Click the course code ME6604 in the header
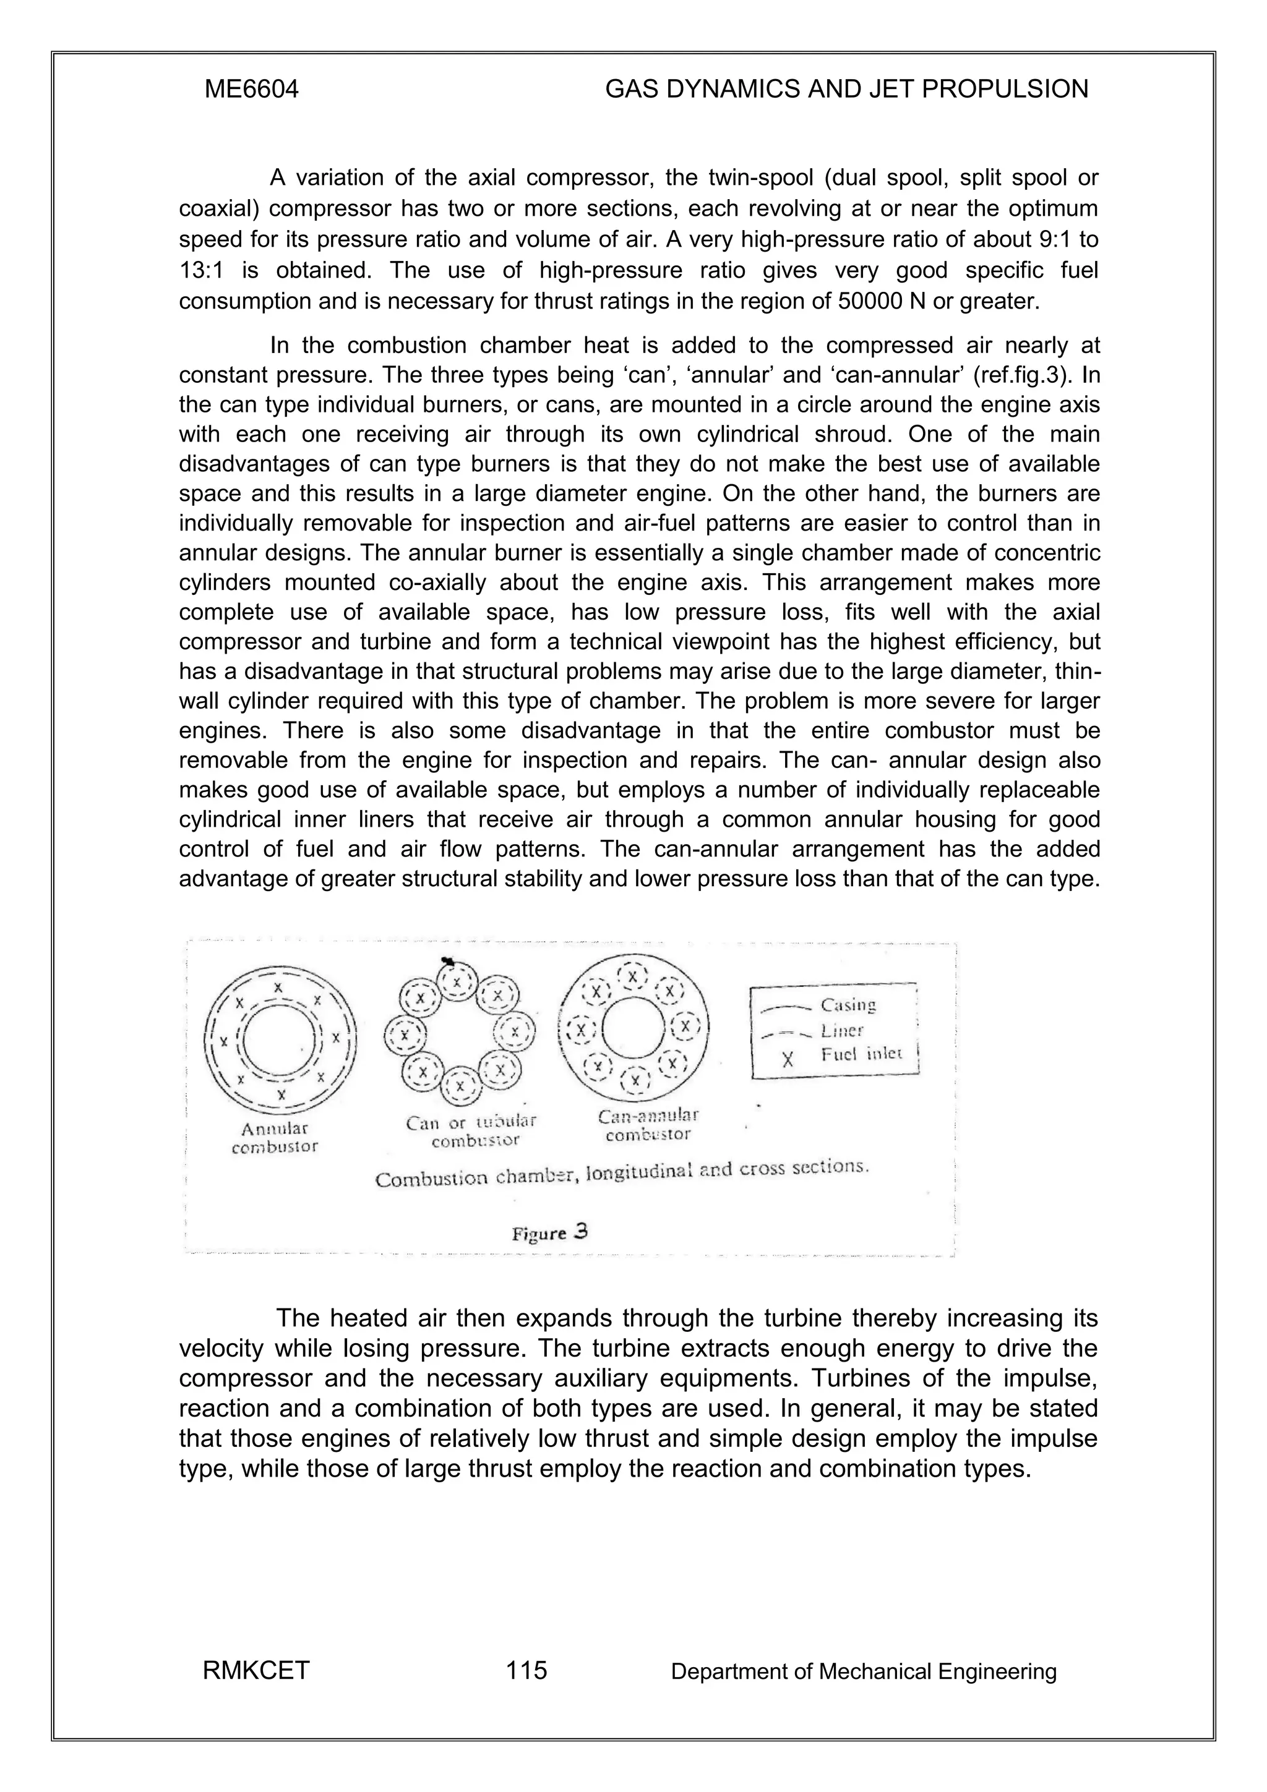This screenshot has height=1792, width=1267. point(251,90)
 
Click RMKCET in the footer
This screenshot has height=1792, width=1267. point(256,1671)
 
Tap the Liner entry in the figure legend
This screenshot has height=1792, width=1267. point(841,1030)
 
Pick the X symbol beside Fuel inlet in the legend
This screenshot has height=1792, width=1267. point(788,1059)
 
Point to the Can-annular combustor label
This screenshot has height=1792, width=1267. point(648,1124)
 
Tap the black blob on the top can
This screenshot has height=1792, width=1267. point(448,962)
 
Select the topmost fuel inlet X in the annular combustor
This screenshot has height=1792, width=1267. point(278,988)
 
